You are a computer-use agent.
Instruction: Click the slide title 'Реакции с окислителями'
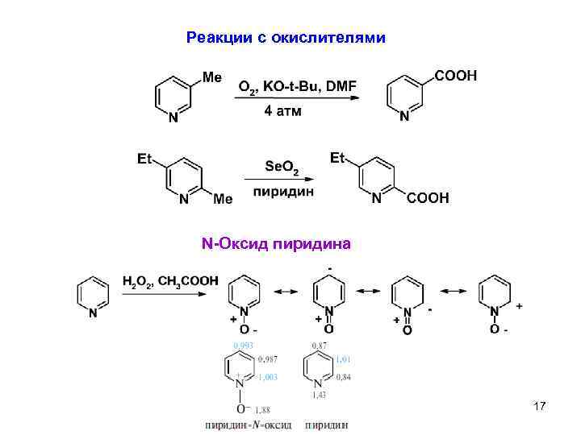point(286,38)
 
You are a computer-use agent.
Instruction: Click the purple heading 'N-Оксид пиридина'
point(276,242)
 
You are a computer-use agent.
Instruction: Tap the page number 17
point(540,408)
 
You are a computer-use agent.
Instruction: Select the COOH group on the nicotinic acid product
point(456,76)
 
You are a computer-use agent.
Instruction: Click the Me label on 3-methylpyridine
point(211,77)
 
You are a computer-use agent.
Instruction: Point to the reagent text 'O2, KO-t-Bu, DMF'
point(297,86)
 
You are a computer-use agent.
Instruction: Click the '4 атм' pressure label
point(282,111)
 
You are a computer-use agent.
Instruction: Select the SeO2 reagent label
point(282,167)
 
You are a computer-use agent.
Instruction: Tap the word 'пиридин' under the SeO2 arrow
point(283,192)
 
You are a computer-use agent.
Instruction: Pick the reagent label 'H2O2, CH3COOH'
point(169,281)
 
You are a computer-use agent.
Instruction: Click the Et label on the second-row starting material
point(145,159)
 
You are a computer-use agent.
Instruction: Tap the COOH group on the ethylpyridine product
point(428,198)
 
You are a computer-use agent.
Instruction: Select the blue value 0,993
point(243,346)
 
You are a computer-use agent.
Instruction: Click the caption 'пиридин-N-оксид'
point(249,425)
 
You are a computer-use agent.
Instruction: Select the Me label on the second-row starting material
point(223,198)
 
